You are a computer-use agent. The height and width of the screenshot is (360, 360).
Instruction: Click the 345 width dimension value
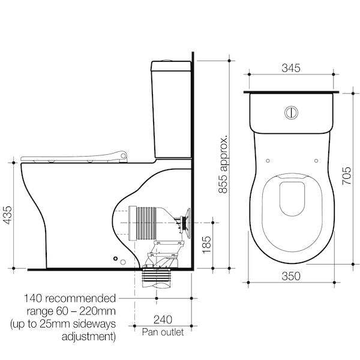pos(292,68)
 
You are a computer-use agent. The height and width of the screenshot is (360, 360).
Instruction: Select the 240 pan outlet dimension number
pos(162,320)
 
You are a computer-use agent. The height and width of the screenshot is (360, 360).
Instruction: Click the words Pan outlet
pos(162,331)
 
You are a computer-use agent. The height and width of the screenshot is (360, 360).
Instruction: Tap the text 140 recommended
pos(70,298)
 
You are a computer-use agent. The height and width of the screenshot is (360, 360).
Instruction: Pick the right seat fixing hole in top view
pos(316,160)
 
